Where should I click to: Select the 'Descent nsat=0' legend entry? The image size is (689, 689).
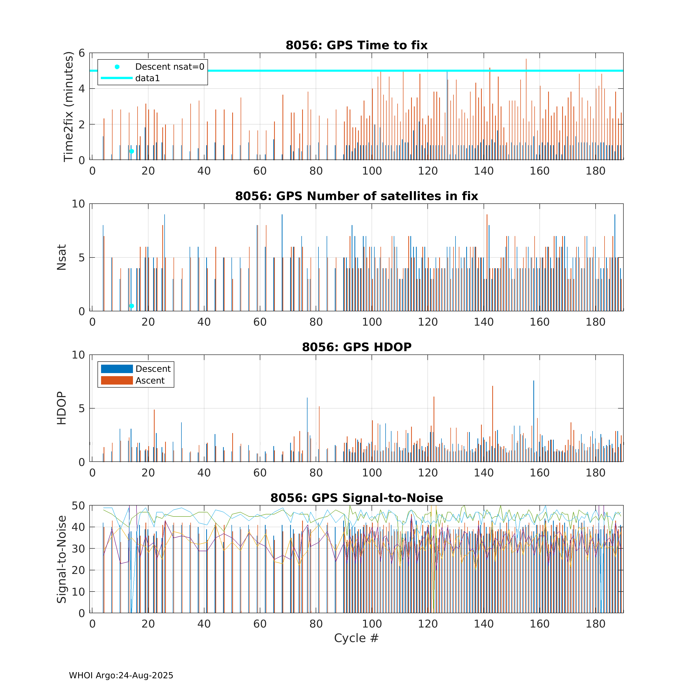tap(169, 67)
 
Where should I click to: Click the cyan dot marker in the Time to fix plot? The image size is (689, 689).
tap(132, 151)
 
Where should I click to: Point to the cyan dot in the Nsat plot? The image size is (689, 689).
tap(132, 306)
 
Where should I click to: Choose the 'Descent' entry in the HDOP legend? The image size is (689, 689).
tap(153, 369)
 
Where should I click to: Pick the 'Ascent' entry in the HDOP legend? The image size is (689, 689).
tap(150, 380)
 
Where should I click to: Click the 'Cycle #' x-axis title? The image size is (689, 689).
tap(356, 638)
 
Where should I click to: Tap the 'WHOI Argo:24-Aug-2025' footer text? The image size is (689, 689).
tap(121, 675)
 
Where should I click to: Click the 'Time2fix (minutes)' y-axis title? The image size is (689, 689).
tap(68, 106)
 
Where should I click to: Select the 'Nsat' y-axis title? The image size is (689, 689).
tap(62, 257)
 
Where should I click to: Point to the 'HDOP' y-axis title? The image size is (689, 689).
tap(62, 408)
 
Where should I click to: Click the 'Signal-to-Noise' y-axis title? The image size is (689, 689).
tap(62, 559)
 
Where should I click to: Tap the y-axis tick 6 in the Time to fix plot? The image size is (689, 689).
tap(82, 53)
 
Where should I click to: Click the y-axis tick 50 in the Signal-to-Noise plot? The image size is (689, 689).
tap(78, 506)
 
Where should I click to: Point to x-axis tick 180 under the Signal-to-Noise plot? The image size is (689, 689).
tap(595, 624)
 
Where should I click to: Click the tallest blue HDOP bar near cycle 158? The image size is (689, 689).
tap(534, 421)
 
